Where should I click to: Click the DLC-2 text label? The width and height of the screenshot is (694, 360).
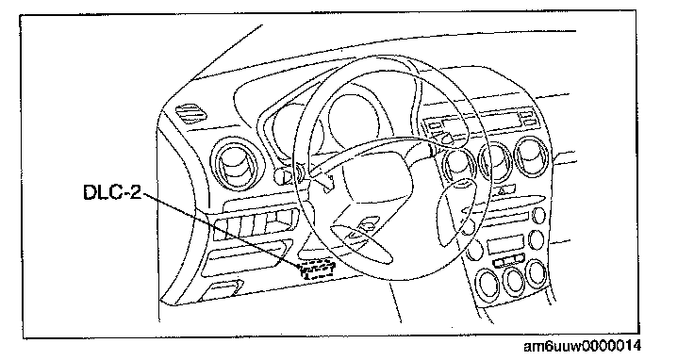tap(112, 191)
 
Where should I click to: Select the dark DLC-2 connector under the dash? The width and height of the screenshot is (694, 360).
tap(318, 270)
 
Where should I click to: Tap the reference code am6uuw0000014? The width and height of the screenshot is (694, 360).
tap(582, 346)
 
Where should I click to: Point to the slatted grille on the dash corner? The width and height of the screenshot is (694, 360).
tap(190, 112)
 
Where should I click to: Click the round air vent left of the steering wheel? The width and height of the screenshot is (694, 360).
tap(236, 165)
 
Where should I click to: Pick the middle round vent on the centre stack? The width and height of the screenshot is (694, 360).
tap(496, 161)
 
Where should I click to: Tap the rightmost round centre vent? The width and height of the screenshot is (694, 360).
tap(531, 157)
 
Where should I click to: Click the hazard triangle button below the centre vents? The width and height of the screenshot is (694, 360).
tap(504, 190)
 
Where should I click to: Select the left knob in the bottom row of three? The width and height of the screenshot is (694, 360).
tap(487, 285)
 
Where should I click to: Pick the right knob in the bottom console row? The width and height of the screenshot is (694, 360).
tap(537, 273)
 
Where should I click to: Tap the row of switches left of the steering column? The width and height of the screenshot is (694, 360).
tap(256, 223)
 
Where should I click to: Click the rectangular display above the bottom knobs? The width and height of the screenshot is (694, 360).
tap(505, 245)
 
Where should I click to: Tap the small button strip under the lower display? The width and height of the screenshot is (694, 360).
tap(509, 260)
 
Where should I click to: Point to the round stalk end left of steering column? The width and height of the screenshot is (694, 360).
tap(284, 175)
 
